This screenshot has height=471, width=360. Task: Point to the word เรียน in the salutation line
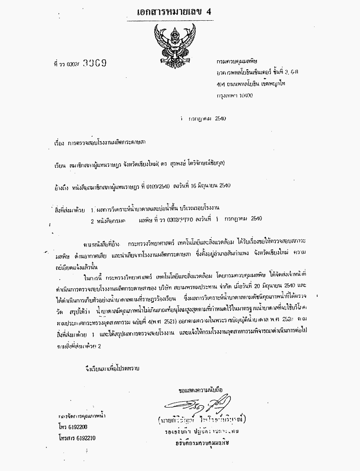pyautogui.click(x=60, y=164)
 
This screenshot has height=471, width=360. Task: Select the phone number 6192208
pyautogui.click(x=76, y=426)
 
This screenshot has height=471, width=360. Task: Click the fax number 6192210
pyautogui.click(x=83, y=437)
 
